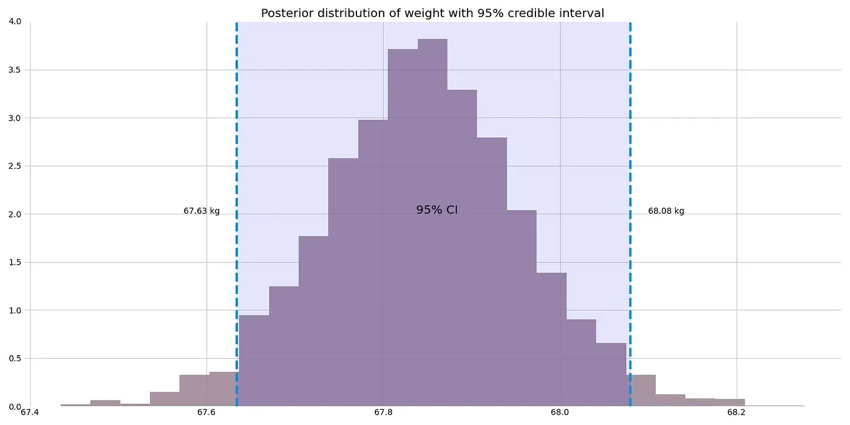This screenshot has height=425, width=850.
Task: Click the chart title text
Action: pos(432,13)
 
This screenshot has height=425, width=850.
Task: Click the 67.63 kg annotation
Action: pos(202,211)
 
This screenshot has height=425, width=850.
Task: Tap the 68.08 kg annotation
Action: pos(666,211)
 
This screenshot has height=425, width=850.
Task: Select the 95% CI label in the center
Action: pos(437,210)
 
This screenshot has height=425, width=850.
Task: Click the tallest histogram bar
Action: pos(432,225)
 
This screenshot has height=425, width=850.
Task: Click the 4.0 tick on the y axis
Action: pos(15,22)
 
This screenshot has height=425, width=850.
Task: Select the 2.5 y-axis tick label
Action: pos(15,166)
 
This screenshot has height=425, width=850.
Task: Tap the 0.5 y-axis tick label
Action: pos(15,359)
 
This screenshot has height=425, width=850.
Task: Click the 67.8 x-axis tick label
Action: pos(383,413)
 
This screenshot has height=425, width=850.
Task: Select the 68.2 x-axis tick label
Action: pos(736,413)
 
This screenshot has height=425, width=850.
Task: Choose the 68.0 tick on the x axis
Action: pos(560,413)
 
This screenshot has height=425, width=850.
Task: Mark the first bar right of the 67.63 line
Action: pos(254,361)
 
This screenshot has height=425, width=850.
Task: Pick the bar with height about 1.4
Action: pos(551,340)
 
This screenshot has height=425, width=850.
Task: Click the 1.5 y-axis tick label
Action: pos(15,263)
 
